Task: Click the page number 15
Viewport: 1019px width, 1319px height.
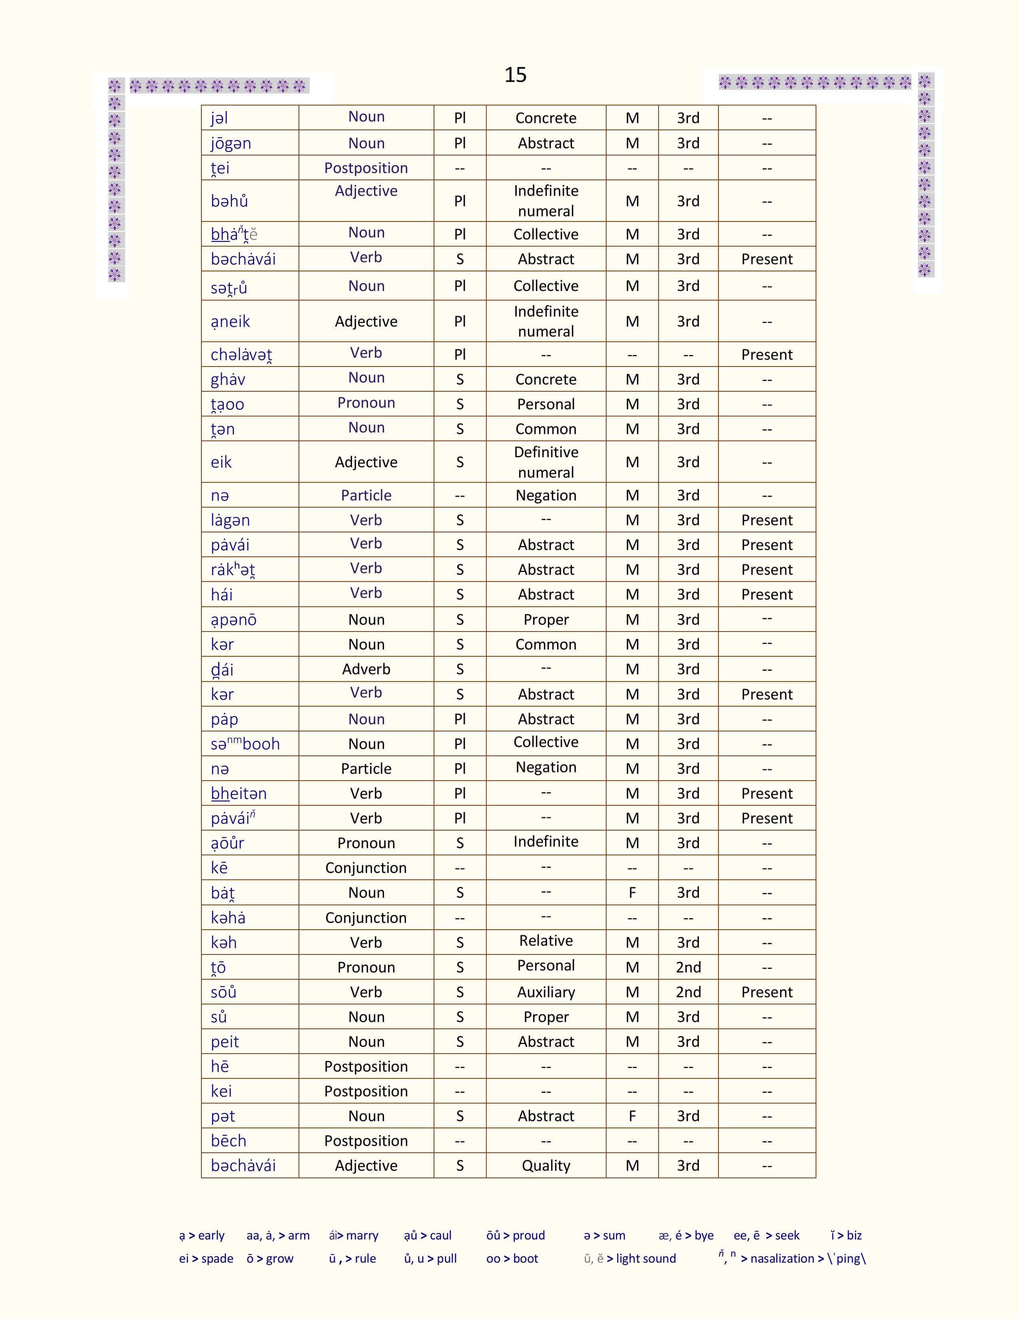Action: point(515,75)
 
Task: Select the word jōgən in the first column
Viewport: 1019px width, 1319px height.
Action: point(231,144)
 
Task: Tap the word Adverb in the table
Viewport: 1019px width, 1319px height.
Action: point(366,669)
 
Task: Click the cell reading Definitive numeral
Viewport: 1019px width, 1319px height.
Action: point(546,462)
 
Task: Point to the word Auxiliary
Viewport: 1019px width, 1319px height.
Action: point(546,992)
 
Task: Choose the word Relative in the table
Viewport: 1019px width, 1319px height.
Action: point(546,941)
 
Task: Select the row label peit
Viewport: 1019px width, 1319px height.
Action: point(225,1042)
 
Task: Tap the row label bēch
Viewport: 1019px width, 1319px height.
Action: point(228,1141)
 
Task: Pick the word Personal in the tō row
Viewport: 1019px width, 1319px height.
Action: point(546,966)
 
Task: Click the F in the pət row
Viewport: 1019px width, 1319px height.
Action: point(632,1116)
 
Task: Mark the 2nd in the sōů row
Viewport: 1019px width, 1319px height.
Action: point(688,992)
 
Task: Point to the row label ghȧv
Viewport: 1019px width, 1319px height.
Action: point(228,380)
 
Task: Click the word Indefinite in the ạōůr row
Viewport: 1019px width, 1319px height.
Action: point(546,842)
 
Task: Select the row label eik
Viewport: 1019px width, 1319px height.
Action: point(221,462)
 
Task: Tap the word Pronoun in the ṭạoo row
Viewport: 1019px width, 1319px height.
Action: point(366,403)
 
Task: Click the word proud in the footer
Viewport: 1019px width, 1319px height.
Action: point(528,1235)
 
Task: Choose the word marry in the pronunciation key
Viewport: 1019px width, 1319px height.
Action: point(362,1235)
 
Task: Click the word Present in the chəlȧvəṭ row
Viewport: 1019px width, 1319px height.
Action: point(767,355)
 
